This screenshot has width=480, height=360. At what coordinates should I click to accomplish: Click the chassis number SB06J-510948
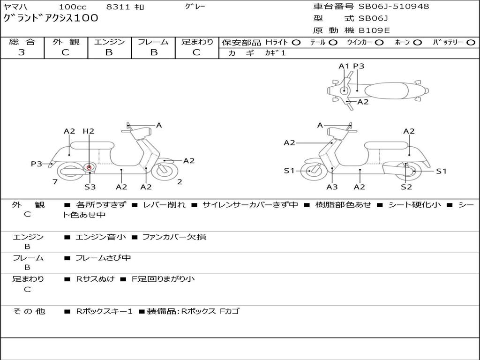(394, 7)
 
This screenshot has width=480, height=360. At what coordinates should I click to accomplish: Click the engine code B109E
(374, 30)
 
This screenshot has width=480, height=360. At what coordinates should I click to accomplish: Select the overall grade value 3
(22, 52)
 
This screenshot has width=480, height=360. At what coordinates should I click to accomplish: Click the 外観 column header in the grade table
(66, 42)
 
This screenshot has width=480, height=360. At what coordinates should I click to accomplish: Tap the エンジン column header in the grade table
(109, 42)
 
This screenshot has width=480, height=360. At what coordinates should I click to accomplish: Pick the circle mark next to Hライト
(296, 42)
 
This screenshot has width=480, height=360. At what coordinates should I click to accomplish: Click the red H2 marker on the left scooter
(89, 167)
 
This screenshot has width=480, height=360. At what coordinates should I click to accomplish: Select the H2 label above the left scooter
(88, 131)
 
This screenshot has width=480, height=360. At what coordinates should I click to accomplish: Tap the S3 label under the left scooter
(90, 187)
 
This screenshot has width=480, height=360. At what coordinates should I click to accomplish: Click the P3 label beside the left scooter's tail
(37, 164)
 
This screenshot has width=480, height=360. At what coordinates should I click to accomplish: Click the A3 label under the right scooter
(332, 187)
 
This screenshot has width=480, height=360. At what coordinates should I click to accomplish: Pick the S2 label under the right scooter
(406, 187)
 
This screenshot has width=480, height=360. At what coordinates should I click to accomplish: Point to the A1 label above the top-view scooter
(344, 66)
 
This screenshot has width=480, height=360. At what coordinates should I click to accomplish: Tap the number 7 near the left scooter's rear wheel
(55, 182)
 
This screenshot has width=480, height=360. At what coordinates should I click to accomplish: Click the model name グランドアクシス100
(51, 18)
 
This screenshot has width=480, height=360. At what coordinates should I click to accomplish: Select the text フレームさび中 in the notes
(103, 258)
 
